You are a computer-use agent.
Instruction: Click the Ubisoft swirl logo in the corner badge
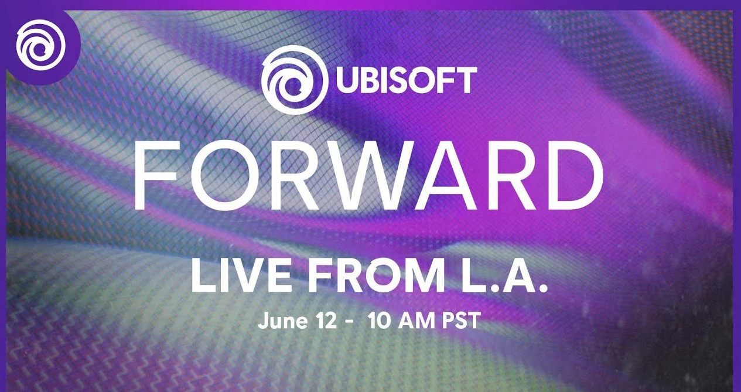pos(40,45)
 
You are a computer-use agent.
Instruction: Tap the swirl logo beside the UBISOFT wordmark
pos(295,80)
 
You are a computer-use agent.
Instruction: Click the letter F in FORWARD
pos(155,175)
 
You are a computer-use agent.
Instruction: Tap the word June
pos(283,321)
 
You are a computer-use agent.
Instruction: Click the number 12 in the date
pos(326,321)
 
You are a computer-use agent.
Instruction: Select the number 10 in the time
pos(379,321)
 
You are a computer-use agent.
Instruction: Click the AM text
pos(416,321)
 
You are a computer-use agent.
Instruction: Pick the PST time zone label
pos(462,321)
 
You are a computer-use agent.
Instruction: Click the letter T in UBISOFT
pos(467,80)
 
